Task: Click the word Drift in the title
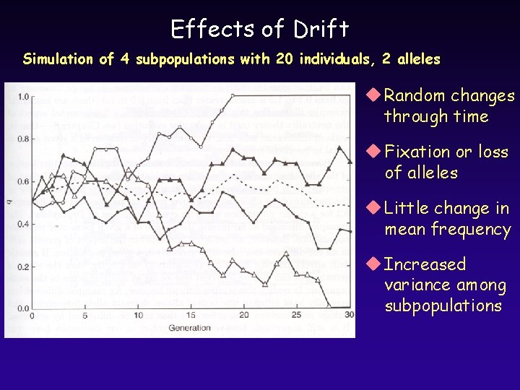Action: click(321, 29)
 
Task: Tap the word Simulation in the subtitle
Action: click(61, 59)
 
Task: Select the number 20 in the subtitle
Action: click(284, 59)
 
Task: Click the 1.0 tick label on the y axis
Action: click(23, 96)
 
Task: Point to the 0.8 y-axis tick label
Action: click(23, 139)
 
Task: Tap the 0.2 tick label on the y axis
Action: click(23, 266)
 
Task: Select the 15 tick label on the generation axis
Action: click(191, 316)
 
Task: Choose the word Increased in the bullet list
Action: click(425, 264)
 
